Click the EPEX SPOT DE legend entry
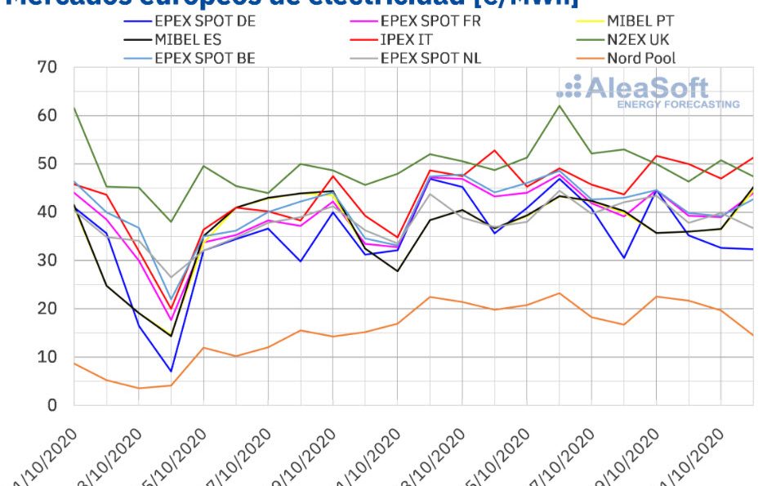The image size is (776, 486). pos(204,21)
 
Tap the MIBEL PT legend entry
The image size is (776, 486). pos(640,21)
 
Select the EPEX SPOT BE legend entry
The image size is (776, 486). pos(204,58)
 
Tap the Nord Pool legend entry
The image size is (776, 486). pos(641,58)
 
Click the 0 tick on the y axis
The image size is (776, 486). pos(52,405)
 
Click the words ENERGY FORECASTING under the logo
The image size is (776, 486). pos(678,105)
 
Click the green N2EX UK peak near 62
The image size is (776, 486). pos(560,105)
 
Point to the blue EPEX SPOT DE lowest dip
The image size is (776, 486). pos(171,372)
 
